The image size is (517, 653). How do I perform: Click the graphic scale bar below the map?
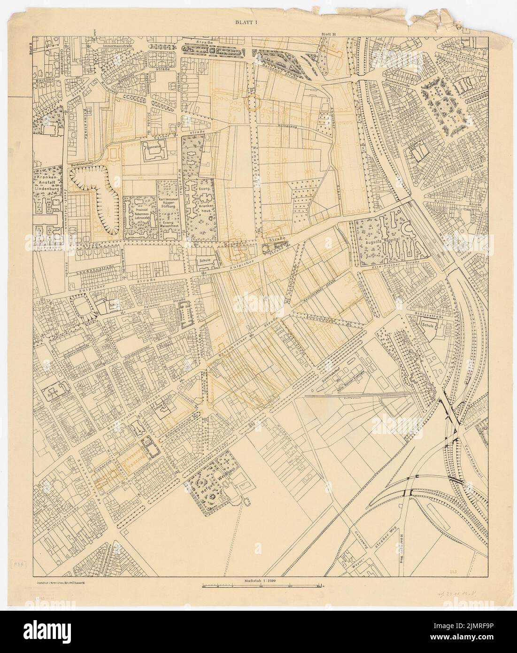click(262, 586)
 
